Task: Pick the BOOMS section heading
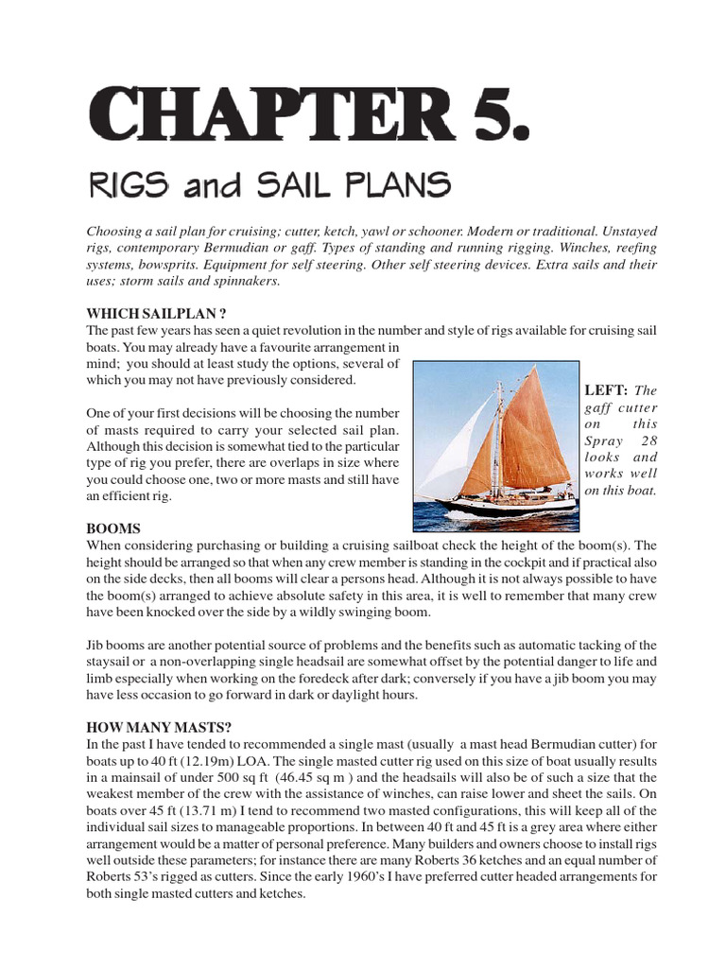113,528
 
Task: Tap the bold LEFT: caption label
606,389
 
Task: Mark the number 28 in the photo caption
648,440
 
